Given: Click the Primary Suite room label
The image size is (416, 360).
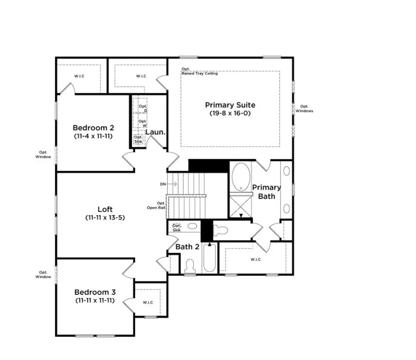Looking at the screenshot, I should tap(230, 105).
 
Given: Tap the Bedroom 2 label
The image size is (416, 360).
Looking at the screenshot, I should tap(93, 128).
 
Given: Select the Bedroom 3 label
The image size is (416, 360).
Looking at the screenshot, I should tap(95, 292).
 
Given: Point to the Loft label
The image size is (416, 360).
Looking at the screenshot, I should tap(105, 209).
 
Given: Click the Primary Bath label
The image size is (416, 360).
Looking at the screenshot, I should tap(266, 192).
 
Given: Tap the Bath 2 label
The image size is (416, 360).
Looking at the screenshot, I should tap(187, 247).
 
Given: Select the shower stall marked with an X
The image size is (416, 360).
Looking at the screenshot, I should tap(241, 206).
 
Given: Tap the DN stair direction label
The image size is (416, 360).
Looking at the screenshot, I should tap(163, 184).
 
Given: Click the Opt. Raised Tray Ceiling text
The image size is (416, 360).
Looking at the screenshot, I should tap(199, 71).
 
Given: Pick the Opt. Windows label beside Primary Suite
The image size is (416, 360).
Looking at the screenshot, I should tap(304, 108).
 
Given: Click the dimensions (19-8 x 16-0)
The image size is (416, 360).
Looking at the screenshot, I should tap(230, 113).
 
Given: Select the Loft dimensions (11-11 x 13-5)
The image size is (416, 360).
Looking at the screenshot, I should tap(105, 217).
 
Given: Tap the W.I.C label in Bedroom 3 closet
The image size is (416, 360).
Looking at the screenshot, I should tap(148, 302).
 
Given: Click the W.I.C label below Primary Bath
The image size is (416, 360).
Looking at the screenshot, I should tap(256, 259).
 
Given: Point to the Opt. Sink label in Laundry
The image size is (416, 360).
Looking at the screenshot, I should tap(138, 139).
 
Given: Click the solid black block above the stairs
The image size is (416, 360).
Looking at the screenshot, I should tap(209, 166).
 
